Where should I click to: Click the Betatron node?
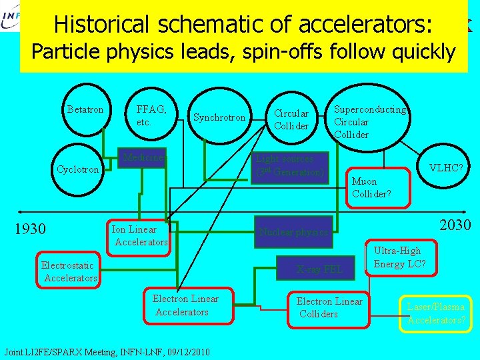[x=85, y=109]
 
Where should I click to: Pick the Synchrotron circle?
[x=219, y=118]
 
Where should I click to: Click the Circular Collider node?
[x=291, y=119]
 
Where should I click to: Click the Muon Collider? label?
[x=371, y=187]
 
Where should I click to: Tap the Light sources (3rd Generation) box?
[x=289, y=165]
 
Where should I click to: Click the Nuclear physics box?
[x=294, y=232]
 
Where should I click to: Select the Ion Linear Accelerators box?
[x=139, y=236]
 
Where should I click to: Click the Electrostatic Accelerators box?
[x=69, y=271]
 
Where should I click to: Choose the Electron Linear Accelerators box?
[x=185, y=305]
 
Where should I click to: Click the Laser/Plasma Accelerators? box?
[x=435, y=313]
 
